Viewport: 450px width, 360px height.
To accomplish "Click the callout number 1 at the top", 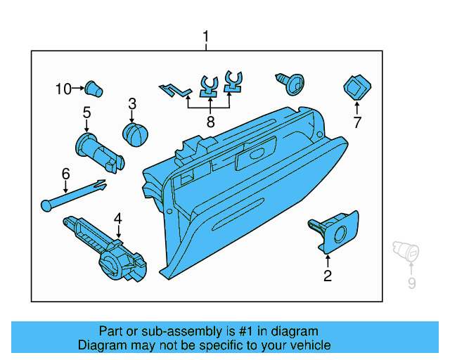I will point(206,36).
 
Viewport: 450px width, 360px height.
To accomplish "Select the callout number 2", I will point(327,276).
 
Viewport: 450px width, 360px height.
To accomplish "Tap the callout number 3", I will point(131,104).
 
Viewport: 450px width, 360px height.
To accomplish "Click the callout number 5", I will point(86,112).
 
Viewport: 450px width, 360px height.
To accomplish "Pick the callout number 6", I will point(65,172).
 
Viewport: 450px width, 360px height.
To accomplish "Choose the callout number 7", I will point(356,123).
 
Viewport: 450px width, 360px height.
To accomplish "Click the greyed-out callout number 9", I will point(412,283).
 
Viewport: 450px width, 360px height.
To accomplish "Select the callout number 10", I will point(64,89).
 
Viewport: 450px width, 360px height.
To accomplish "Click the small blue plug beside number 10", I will point(93,88).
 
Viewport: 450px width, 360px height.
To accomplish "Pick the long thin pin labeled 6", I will point(73,195).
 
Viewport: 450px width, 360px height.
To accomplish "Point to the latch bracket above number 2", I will point(333,231).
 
